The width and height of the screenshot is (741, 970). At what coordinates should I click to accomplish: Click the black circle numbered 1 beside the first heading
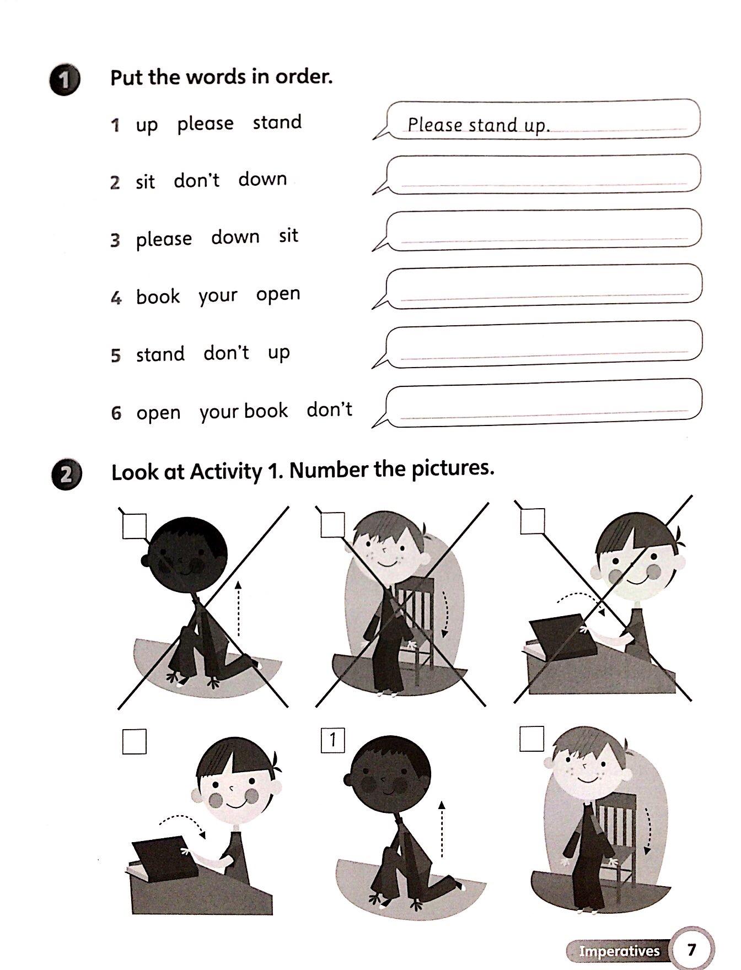pos(64,81)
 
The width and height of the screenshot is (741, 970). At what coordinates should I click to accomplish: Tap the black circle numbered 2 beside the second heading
pos(66,475)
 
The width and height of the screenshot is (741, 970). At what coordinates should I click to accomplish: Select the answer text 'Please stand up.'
pos(478,125)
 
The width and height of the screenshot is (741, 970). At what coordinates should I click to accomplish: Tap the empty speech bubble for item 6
pos(543,403)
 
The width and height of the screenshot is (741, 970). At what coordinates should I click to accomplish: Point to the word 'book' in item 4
pos(158,297)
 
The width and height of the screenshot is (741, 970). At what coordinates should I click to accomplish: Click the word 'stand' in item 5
pos(160,354)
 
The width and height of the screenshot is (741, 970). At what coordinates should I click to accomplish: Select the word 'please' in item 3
pos(164,239)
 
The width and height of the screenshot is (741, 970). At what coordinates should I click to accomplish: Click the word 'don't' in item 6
pos(329,409)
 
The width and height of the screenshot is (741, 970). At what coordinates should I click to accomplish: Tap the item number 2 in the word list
pos(115,182)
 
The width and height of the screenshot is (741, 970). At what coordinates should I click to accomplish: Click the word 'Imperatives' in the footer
pos(619,950)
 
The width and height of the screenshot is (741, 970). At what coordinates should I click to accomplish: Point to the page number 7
pos(691,949)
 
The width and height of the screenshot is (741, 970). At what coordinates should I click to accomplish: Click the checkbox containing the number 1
pos(332,740)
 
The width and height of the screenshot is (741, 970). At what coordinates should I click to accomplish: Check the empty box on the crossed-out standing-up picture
pos(134,526)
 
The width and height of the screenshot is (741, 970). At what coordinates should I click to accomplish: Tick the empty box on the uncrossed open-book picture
pos(134,741)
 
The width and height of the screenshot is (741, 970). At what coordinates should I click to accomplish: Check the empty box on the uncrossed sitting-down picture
pos(531,739)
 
